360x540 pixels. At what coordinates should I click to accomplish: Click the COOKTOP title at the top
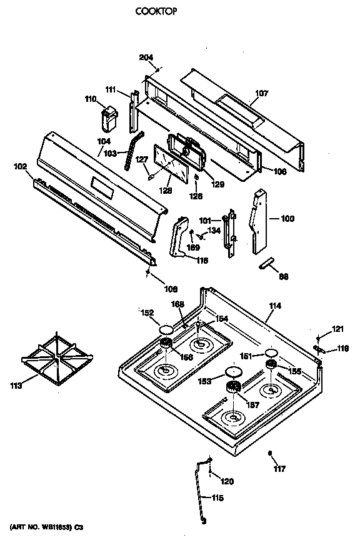click(153, 11)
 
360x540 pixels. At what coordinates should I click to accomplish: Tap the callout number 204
click(146, 58)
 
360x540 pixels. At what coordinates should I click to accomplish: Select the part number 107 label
click(261, 94)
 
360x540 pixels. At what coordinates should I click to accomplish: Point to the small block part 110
click(109, 117)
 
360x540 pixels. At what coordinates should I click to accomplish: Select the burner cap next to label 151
click(271, 352)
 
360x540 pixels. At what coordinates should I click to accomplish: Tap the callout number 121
click(337, 329)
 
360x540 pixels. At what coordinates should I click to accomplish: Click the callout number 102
click(20, 166)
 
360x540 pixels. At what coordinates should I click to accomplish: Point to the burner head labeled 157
click(234, 388)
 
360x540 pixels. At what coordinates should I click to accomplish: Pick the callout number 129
click(217, 184)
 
